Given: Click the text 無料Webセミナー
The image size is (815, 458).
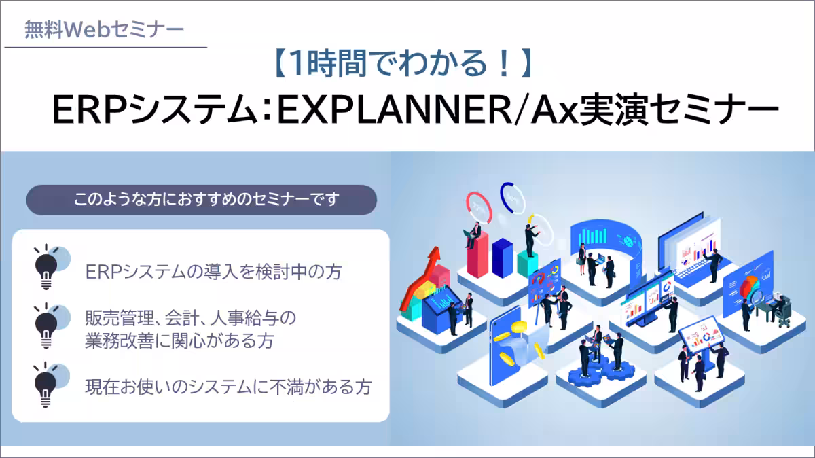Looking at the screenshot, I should tap(104, 30).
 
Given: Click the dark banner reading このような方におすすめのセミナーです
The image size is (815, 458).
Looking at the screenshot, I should tap(201, 201).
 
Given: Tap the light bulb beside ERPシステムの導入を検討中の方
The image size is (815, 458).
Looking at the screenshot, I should tap(47, 264).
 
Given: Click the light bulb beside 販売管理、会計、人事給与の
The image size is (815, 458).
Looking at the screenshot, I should tap(47, 324).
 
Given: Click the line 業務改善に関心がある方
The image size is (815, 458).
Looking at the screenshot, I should tap(179, 340).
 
